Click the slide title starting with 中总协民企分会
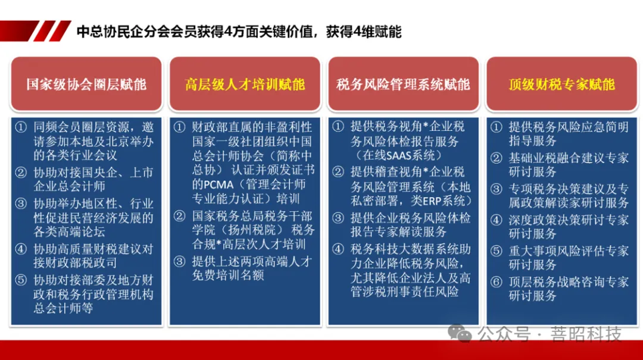239,32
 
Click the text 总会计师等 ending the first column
63,308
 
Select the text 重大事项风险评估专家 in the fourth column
569,251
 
